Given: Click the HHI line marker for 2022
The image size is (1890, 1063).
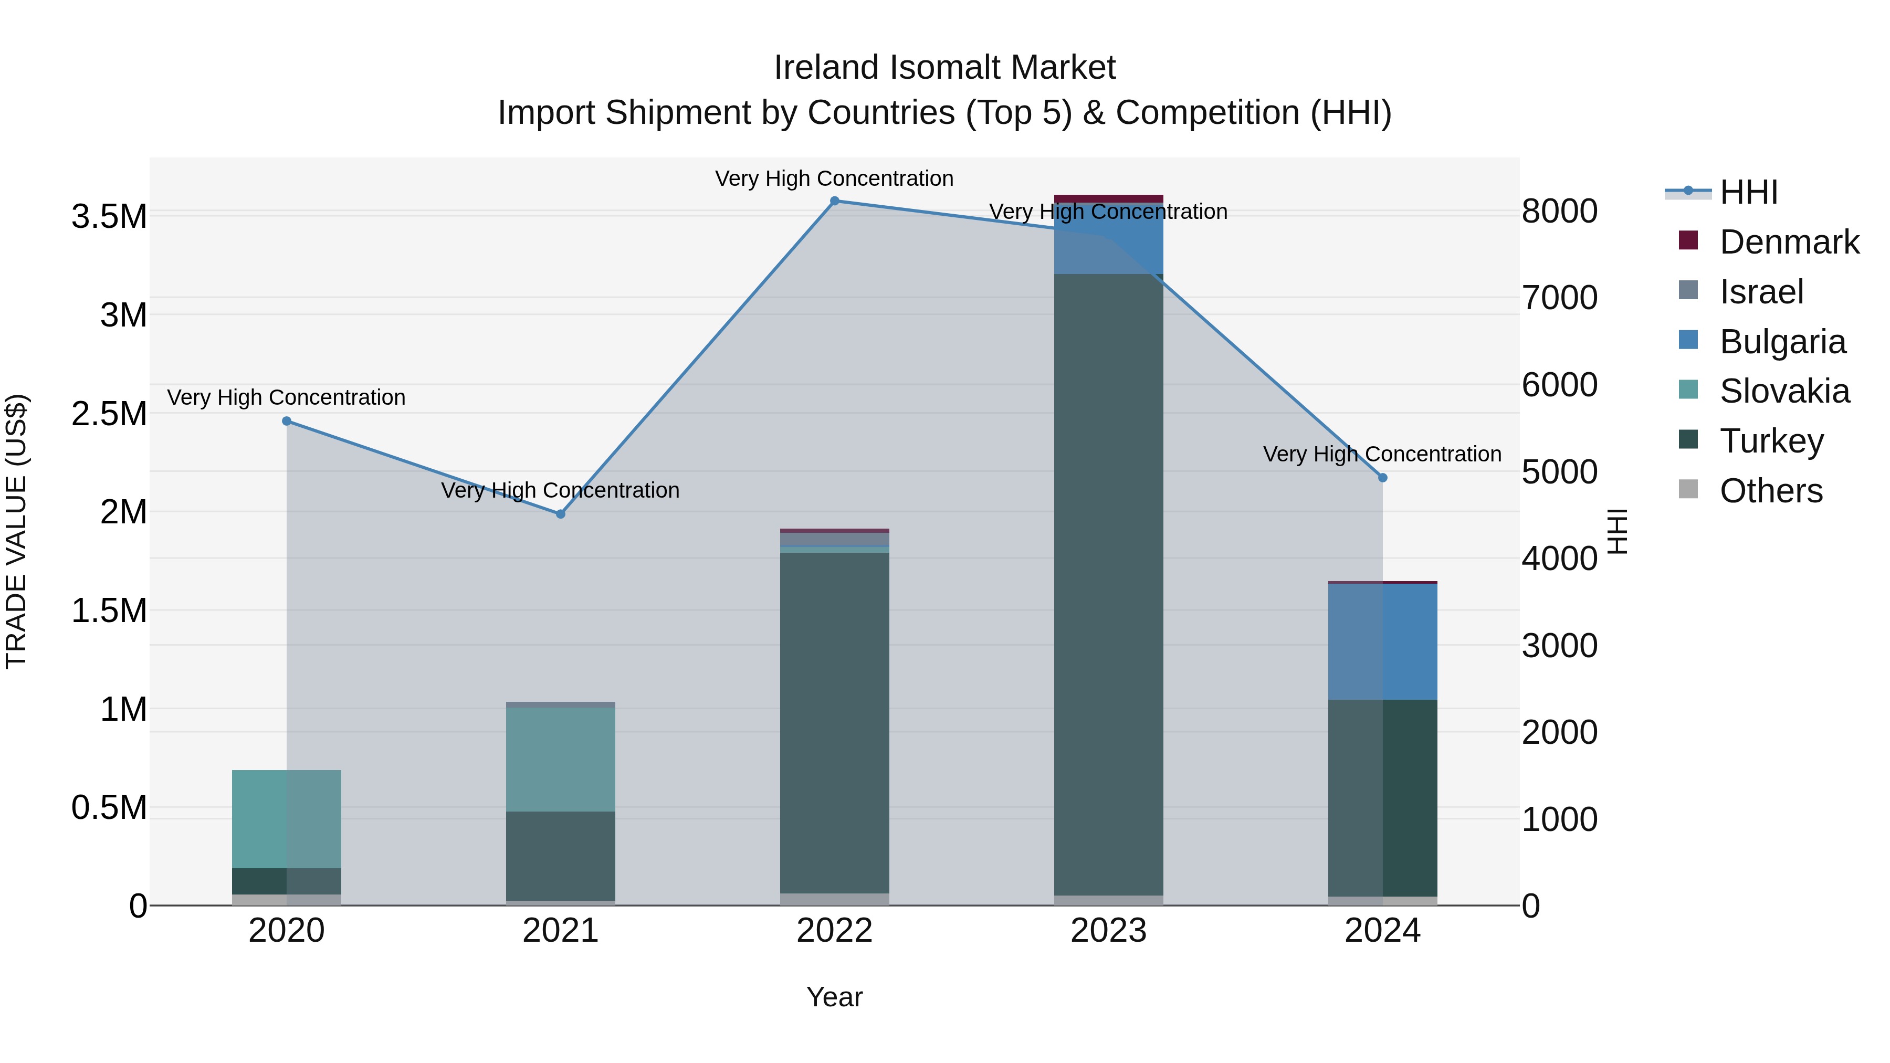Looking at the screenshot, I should pos(834,201).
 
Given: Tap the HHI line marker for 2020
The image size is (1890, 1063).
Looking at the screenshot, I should pos(287,421).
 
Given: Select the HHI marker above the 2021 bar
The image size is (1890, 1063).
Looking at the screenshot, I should pos(561,514).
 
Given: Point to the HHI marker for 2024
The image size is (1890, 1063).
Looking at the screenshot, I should pos(1382,478).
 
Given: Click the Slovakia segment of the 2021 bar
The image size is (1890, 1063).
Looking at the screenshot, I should pos(561,759).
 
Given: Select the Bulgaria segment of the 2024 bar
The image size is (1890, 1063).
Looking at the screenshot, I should pos(1382,642).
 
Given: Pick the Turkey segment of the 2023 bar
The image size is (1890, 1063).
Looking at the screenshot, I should pos(1109,587).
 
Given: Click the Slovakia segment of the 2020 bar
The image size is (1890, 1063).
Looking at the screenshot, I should pos(287,819).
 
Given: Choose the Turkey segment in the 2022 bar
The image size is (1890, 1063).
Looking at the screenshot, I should pos(834,723).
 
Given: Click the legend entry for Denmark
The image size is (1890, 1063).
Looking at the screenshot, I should pos(1789,242).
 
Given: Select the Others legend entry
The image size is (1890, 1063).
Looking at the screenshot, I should pos(1770,491).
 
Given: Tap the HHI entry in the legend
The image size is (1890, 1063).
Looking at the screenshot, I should pos(1748,192).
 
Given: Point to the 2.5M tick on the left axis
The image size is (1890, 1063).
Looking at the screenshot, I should pos(109,414).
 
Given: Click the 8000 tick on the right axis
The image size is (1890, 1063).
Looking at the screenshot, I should pos(1559,211).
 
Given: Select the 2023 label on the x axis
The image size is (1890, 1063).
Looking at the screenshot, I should pos(1109,931).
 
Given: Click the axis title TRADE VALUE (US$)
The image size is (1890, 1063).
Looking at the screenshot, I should pos(16,531).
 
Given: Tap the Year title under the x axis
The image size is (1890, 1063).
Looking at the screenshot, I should pos(834,997).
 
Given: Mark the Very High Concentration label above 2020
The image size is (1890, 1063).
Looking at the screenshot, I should pos(286,397).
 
